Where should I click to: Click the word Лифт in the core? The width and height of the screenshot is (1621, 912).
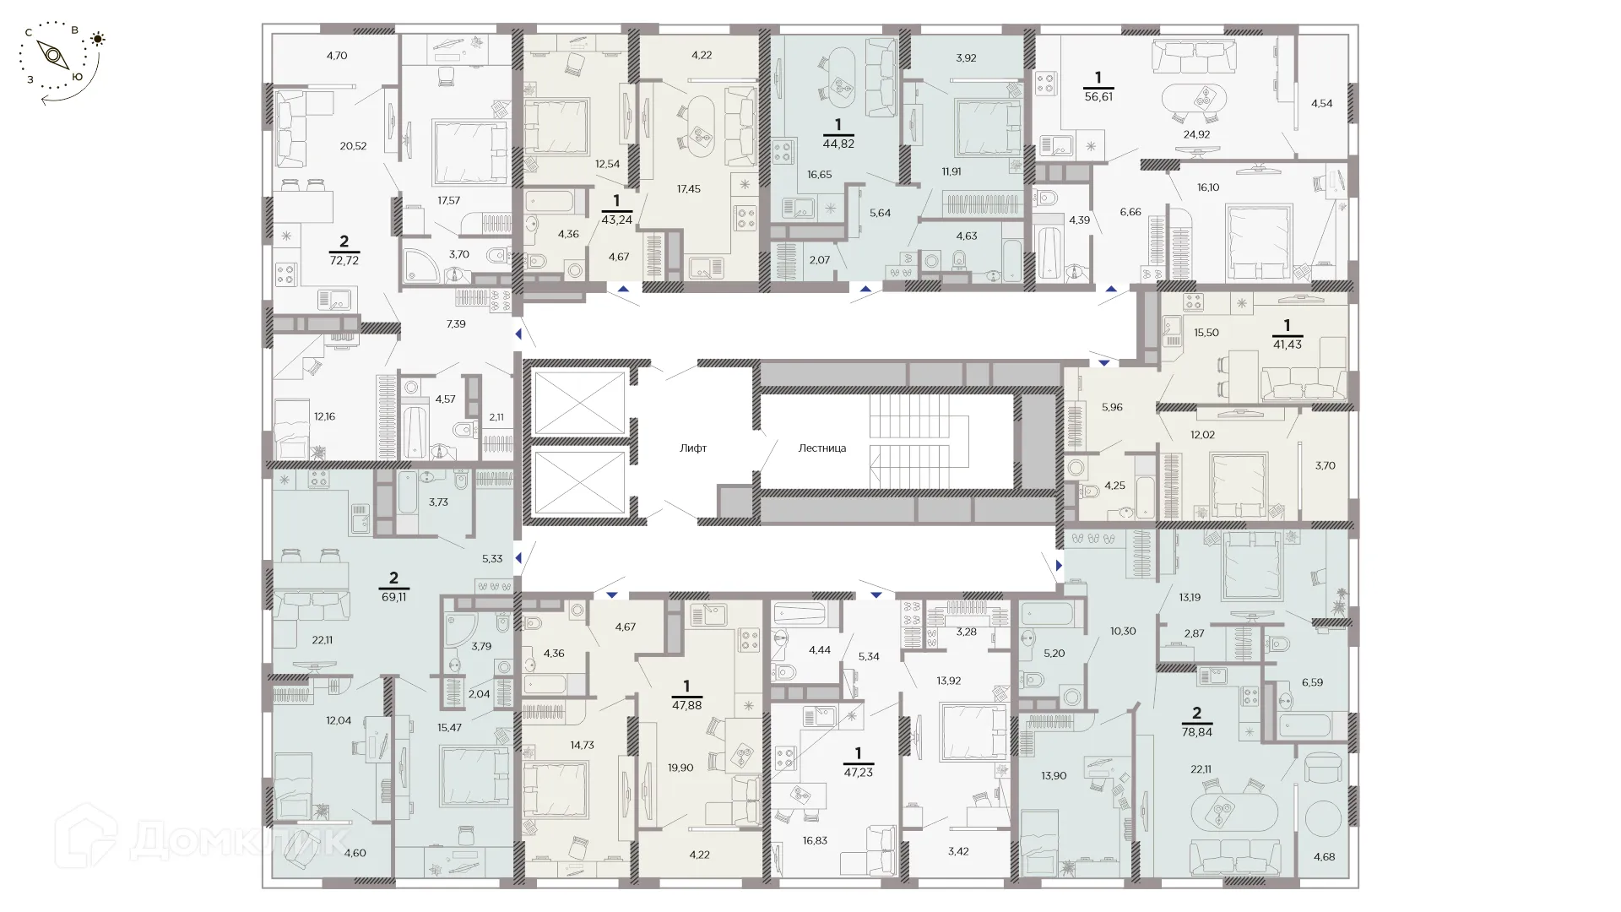692,448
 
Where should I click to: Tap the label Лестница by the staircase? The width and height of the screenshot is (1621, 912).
821,448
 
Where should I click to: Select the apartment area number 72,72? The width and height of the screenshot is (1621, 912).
344,261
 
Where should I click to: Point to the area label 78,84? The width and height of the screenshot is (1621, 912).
1196,732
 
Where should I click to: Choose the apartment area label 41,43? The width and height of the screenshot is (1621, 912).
1287,345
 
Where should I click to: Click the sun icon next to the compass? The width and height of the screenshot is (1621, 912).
99,39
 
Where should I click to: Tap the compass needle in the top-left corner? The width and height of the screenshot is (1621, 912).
54,56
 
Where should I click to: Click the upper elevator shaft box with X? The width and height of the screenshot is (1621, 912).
579,403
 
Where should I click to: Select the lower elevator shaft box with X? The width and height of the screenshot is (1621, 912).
579,482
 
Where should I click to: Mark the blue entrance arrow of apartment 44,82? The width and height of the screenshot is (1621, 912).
865,289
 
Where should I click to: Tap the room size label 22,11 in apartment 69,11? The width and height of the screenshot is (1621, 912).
322,640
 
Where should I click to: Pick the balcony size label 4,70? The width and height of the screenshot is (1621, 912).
336,56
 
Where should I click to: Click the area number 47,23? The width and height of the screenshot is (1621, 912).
858,772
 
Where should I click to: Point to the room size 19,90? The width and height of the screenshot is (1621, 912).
680,768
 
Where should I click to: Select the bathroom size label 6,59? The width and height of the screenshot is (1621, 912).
1311,682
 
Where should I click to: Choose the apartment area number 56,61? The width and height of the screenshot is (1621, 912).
1098,97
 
